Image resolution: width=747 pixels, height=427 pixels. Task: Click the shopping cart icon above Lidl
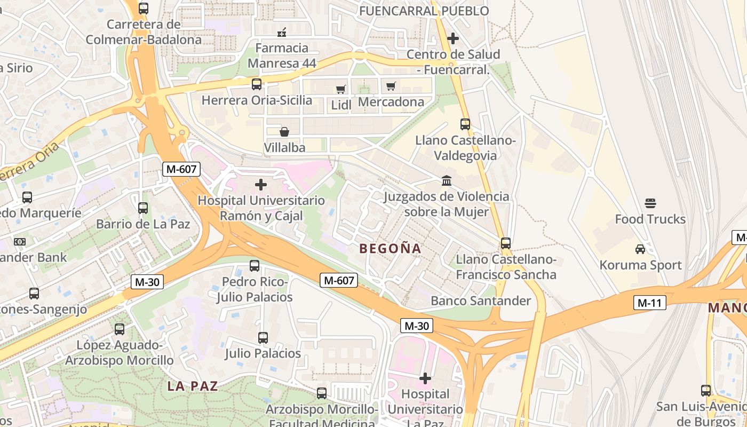point(340,89)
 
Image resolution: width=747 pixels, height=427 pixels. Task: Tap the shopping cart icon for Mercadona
point(391,86)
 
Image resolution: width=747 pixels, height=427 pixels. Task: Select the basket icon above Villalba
point(284,131)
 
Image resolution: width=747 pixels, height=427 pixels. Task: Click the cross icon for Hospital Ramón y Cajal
point(261,185)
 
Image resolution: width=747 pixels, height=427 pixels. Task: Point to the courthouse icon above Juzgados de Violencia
point(447,181)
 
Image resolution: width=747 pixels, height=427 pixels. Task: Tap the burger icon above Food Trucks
point(650,203)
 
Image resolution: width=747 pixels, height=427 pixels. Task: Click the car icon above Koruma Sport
point(640,249)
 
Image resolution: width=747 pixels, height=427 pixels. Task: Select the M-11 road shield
point(650,303)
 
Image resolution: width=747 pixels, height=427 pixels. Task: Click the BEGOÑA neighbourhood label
point(391,249)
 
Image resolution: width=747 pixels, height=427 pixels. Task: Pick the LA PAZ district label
point(193,386)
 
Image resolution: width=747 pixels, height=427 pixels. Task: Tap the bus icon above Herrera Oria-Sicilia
point(257,84)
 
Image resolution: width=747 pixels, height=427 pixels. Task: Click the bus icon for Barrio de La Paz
point(143,208)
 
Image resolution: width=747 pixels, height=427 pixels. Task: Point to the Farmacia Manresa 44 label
point(282,56)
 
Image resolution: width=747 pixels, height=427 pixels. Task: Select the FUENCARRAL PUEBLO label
point(424,11)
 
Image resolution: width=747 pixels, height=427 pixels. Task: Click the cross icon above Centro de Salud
point(453,38)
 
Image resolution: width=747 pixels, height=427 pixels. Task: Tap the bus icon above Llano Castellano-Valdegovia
point(465,124)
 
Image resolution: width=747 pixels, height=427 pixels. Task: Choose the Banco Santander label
point(481,301)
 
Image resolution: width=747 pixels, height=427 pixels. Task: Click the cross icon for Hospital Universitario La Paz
point(425,378)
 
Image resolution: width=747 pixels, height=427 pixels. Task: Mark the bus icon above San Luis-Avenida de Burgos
point(706,390)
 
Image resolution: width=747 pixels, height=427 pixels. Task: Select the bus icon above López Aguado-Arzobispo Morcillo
point(120,329)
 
